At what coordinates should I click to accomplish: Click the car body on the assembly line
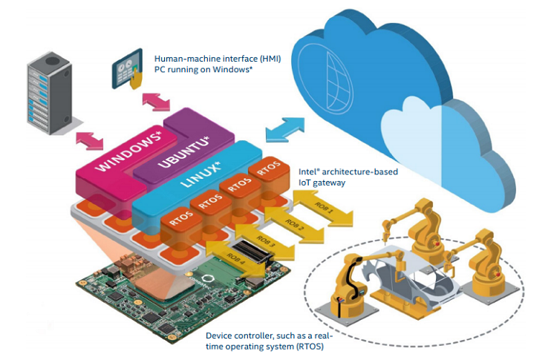click(x=412, y=281)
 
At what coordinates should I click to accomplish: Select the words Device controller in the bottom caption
click(x=239, y=335)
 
